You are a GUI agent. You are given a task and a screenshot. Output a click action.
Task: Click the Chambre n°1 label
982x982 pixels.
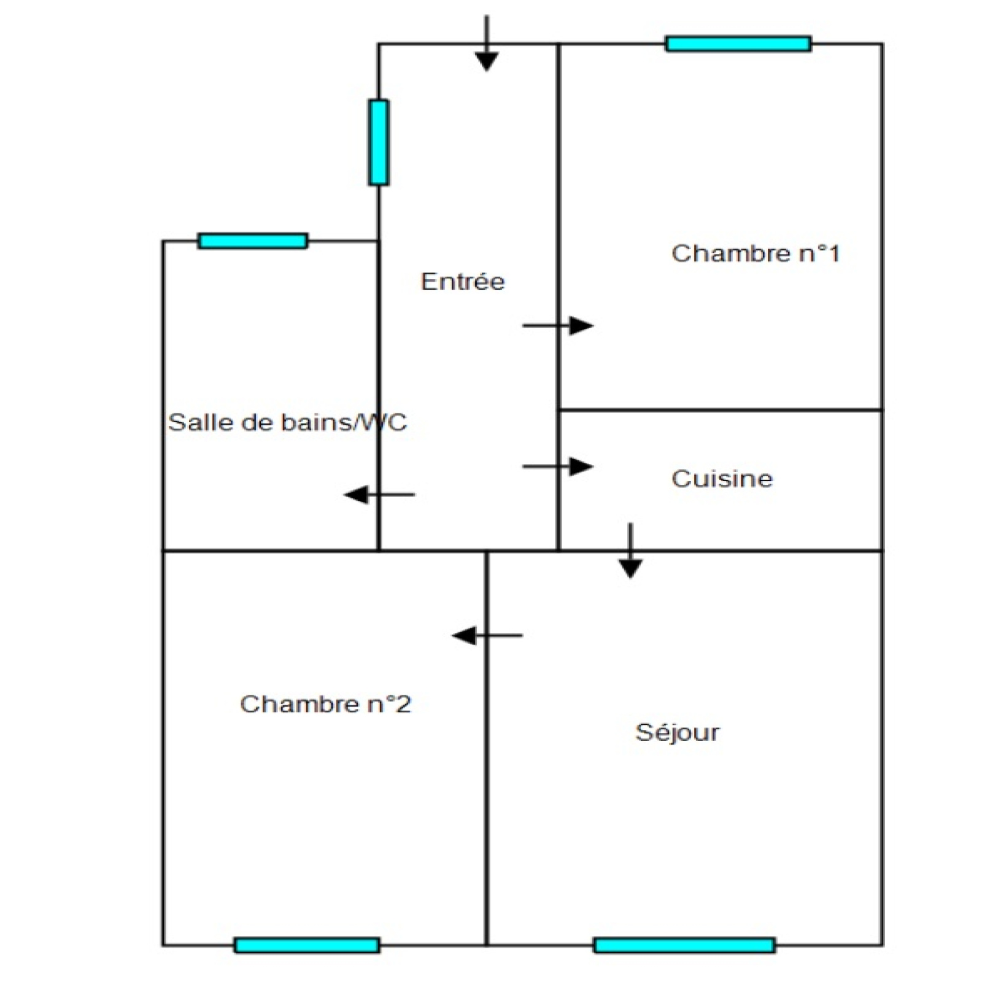tap(756, 253)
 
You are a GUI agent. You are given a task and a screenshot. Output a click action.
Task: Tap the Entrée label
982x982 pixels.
tap(463, 281)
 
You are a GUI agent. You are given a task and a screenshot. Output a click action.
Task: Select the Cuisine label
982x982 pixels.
tap(722, 478)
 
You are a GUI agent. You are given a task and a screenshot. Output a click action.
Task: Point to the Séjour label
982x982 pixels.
tap(677, 732)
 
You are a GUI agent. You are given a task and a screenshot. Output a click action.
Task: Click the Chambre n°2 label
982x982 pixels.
tap(325, 704)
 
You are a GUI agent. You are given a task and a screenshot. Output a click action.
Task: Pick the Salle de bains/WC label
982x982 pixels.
tap(287, 422)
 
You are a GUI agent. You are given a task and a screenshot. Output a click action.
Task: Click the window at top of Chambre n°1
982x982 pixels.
tap(738, 44)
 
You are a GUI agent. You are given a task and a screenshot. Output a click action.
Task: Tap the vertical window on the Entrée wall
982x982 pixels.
tap(379, 142)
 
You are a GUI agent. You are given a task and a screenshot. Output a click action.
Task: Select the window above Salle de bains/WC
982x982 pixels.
tap(253, 241)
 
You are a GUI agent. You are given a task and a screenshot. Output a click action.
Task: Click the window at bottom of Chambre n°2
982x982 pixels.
tap(307, 945)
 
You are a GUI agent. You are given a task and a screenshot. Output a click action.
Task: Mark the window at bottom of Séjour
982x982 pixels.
tap(684, 945)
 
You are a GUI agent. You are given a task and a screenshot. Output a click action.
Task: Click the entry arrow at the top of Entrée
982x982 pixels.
tap(487, 43)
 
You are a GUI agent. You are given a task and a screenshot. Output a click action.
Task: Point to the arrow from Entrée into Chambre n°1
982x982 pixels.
tap(558, 325)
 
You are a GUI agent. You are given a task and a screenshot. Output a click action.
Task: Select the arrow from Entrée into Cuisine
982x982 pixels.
tap(558, 466)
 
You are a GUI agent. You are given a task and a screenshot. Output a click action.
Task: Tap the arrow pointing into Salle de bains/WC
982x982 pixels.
tap(379, 494)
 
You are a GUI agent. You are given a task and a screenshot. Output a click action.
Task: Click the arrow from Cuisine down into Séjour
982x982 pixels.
tap(630, 551)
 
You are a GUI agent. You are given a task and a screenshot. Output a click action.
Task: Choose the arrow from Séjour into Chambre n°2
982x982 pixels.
tap(487, 635)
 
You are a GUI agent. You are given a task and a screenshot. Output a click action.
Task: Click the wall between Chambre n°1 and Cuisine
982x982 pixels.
tap(721, 409)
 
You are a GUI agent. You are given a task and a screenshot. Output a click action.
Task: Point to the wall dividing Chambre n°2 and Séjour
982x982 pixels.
tap(487, 748)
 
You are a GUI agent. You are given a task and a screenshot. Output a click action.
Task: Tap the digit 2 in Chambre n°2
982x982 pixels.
tap(403, 704)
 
